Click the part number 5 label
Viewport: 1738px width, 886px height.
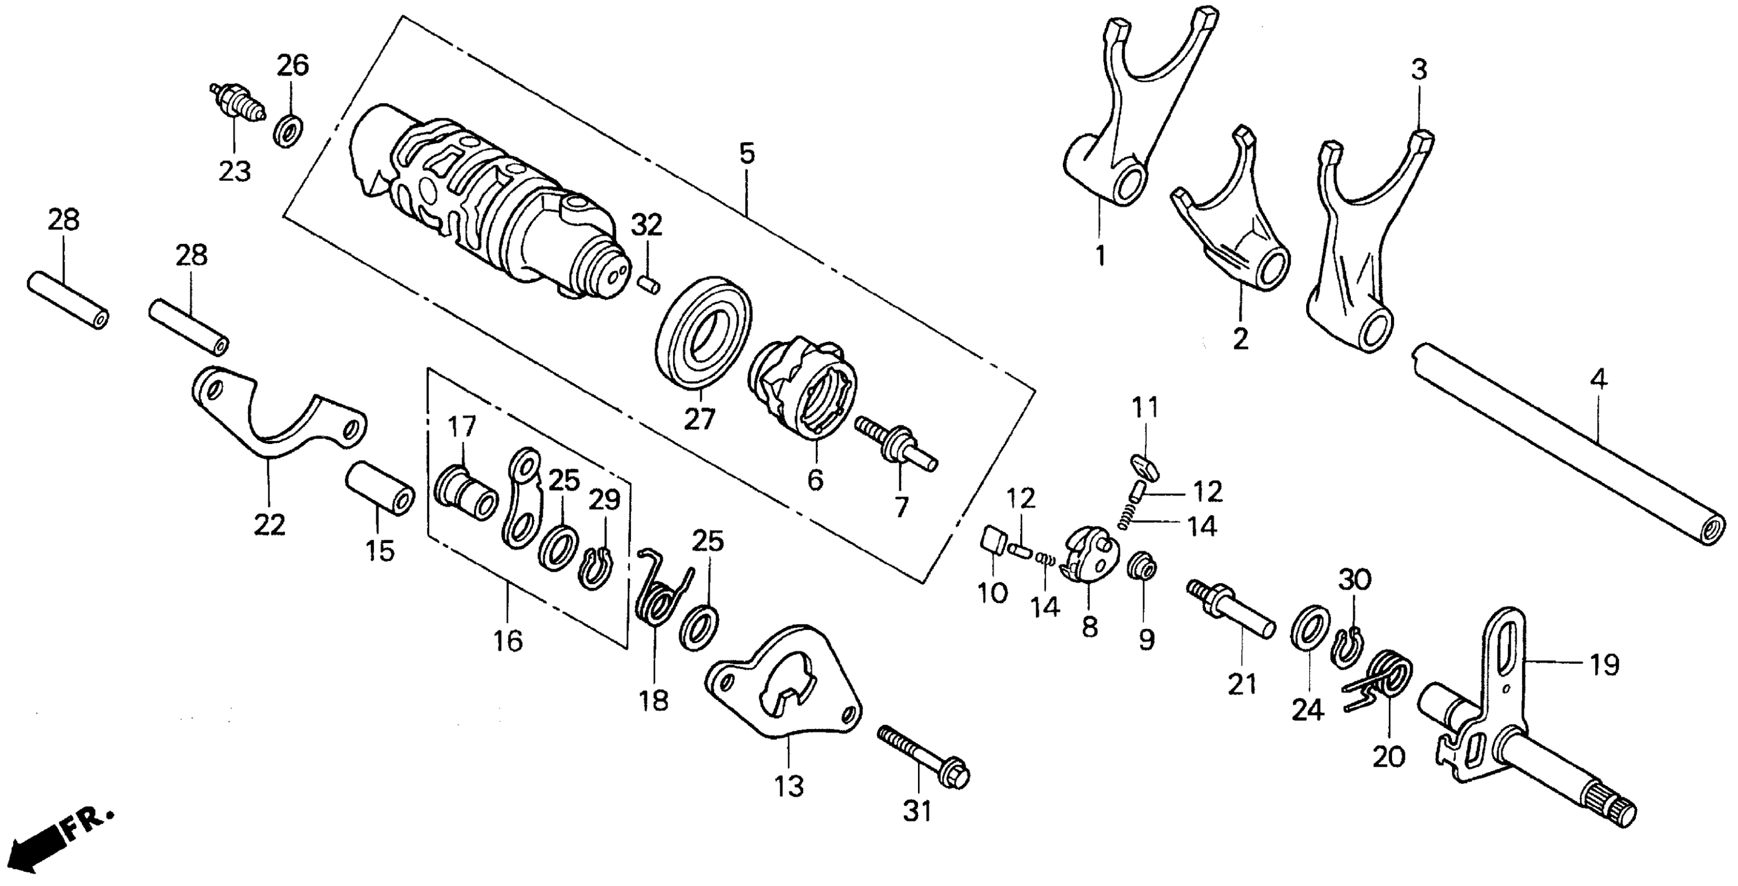tap(746, 154)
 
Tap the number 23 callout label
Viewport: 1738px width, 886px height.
tap(234, 171)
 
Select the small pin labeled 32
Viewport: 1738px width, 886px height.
tap(649, 282)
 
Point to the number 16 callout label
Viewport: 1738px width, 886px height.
tap(507, 642)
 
